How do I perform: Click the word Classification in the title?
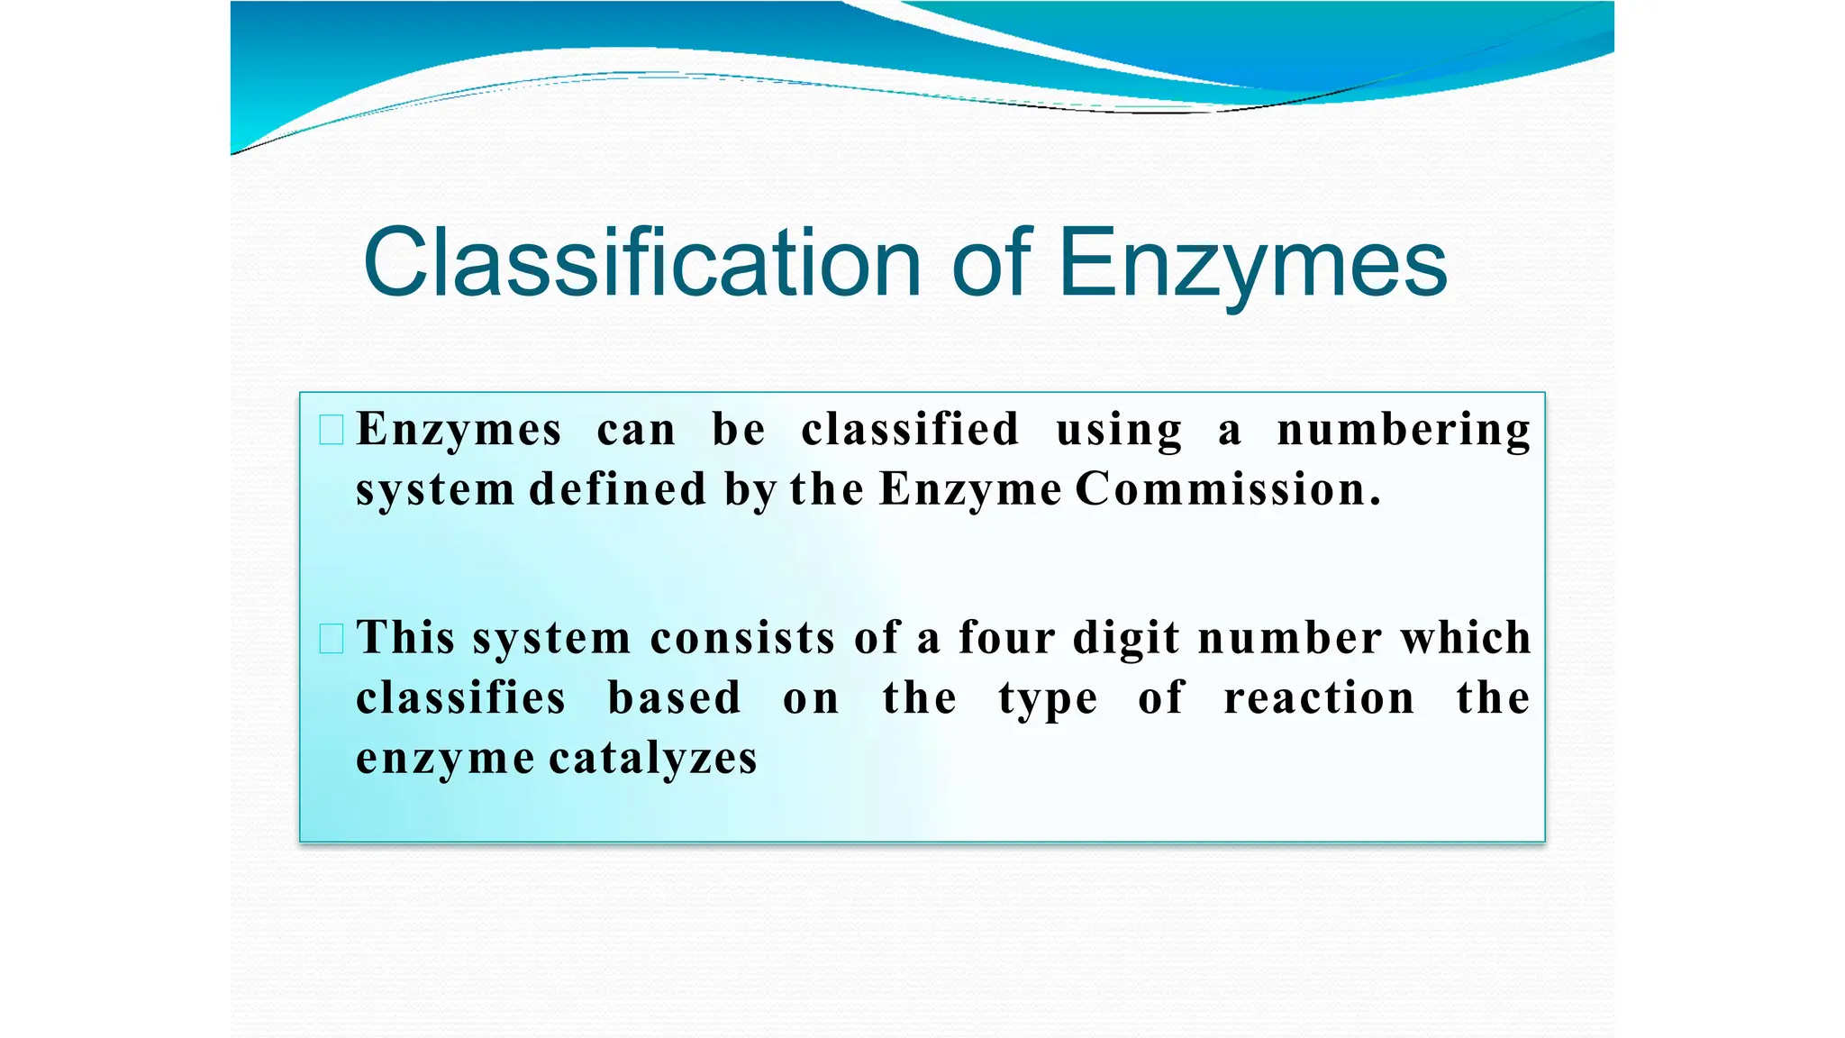pyautogui.click(x=641, y=262)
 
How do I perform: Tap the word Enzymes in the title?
pyautogui.click(x=1252, y=262)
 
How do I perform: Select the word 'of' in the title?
pyautogui.click(x=991, y=262)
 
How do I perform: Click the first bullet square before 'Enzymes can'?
pyautogui.click(x=332, y=430)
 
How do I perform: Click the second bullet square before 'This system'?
pyautogui.click(x=332, y=639)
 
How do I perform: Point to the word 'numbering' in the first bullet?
pyautogui.click(x=1404, y=430)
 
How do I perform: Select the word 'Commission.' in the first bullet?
pyautogui.click(x=1228, y=489)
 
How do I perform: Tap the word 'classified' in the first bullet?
pyautogui.click(x=910, y=430)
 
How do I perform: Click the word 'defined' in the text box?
pyautogui.click(x=618, y=489)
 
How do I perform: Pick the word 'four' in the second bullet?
pyautogui.click(x=1007, y=638)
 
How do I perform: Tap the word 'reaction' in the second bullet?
pyautogui.click(x=1319, y=698)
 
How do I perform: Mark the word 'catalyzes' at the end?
pyautogui.click(x=653, y=758)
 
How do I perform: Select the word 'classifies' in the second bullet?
pyautogui.click(x=461, y=698)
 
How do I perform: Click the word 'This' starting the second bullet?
pyautogui.click(x=405, y=638)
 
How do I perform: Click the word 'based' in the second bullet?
pyautogui.click(x=674, y=698)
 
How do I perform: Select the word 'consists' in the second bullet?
pyautogui.click(x=742, y=638)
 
